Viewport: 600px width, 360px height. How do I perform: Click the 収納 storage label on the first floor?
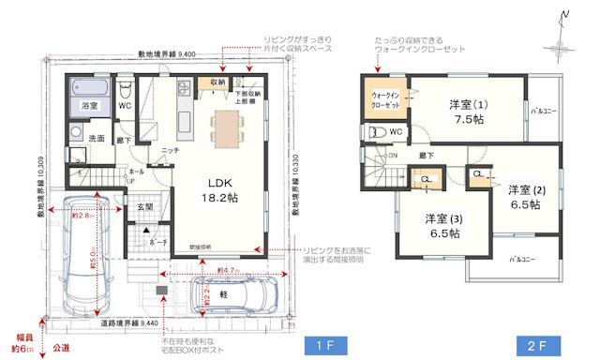point(217,82)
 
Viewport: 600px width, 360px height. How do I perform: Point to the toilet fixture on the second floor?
point(378,132)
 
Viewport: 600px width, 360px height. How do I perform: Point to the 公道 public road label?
point(61,347)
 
